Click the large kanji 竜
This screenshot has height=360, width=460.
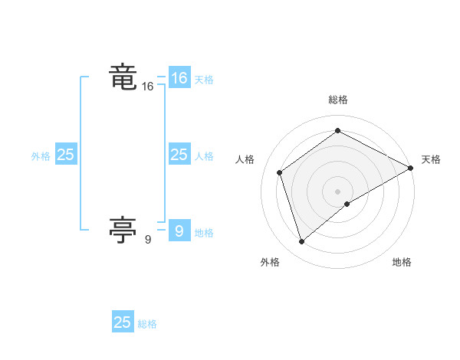tap(124, 77)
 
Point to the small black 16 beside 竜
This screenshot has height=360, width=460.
tap(147, 87)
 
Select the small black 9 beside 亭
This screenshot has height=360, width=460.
tap(147, 240)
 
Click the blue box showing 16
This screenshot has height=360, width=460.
tap(179, 78)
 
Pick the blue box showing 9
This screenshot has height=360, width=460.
tap(179, 231)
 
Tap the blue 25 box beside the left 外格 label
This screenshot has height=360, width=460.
tap(65, 155)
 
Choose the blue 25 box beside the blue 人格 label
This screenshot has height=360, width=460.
tap(179, 155)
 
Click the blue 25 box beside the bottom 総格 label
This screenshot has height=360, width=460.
tap(123, 322)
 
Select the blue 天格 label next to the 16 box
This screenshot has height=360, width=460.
tap(204, 80)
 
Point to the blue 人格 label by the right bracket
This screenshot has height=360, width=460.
tap(204, 156)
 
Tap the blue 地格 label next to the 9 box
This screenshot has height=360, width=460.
tap(204, 233)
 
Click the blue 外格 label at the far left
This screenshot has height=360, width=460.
tap(41, 156)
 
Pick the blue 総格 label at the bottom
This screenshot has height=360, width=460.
tap(147, 324)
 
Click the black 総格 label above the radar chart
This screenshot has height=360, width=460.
tap(337, 100)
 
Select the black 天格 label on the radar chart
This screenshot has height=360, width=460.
tap(431, 159)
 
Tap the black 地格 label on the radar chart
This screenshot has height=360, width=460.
tap(402, 263)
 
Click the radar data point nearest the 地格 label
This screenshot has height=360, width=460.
tap(347, 204)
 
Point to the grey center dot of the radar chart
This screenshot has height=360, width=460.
tap(337, 191)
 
